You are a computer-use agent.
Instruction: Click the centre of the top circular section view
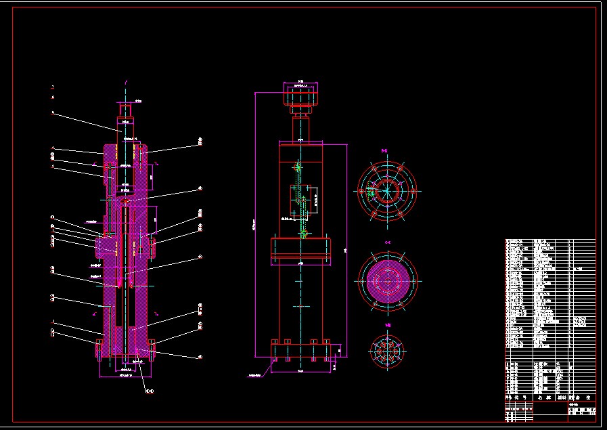(x=386, y=190)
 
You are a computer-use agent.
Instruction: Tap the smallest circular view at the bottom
(x=388, y=351)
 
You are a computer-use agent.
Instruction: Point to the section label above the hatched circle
(x=388, y=242)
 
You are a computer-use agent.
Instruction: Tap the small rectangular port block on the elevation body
(x=301, y=200)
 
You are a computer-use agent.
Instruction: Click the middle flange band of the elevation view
(x=300, y=251)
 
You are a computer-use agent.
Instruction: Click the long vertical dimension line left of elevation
(x=255, y=223)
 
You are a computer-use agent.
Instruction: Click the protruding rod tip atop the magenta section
(x=126, y=108)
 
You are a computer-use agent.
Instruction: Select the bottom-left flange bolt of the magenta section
(x=99, y=349)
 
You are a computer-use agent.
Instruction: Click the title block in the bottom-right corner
(x=550, y=410)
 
